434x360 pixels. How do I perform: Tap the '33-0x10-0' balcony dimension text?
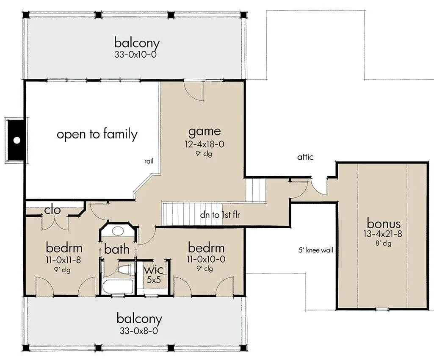(137, 54)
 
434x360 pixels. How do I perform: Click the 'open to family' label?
(97, 134)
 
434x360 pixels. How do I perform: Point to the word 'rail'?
(148, 161)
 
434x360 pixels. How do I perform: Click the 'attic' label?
(305, 157)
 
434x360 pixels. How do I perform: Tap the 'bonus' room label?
(383, 223)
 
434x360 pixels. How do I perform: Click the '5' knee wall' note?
(316, 250)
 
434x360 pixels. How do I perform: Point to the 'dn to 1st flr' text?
(220, 215)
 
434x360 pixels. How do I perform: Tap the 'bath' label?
(116, 249)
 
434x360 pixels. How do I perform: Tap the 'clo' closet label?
(53, 210)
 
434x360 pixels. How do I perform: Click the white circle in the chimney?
(17, 140)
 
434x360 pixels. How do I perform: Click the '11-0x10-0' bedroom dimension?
(206, 259)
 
